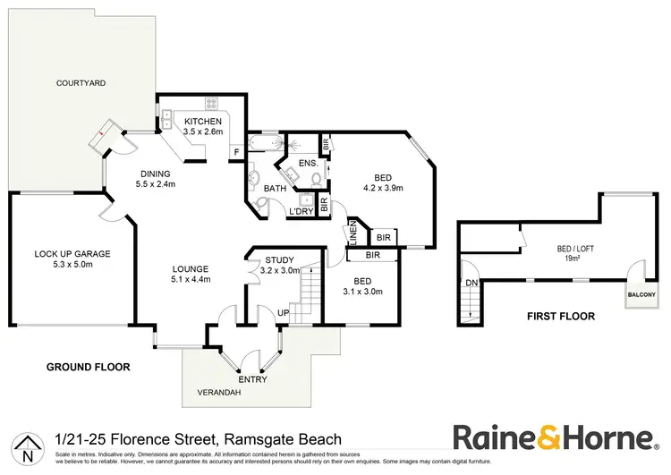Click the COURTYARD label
click(x=81, y=82)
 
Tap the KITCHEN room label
click(x=202, y=121)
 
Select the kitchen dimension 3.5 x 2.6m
click(x=202, y=132)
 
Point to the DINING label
click(x=155, y=174)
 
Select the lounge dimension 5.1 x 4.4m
click(x=191, y=279)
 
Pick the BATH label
click(x=275, y=188)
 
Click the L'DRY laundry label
click(x=300, y=212)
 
